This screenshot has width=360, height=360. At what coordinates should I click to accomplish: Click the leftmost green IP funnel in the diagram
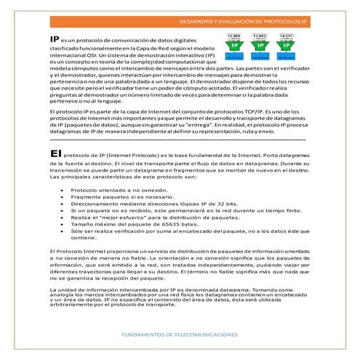pyautogui.click(x=235, y=45)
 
